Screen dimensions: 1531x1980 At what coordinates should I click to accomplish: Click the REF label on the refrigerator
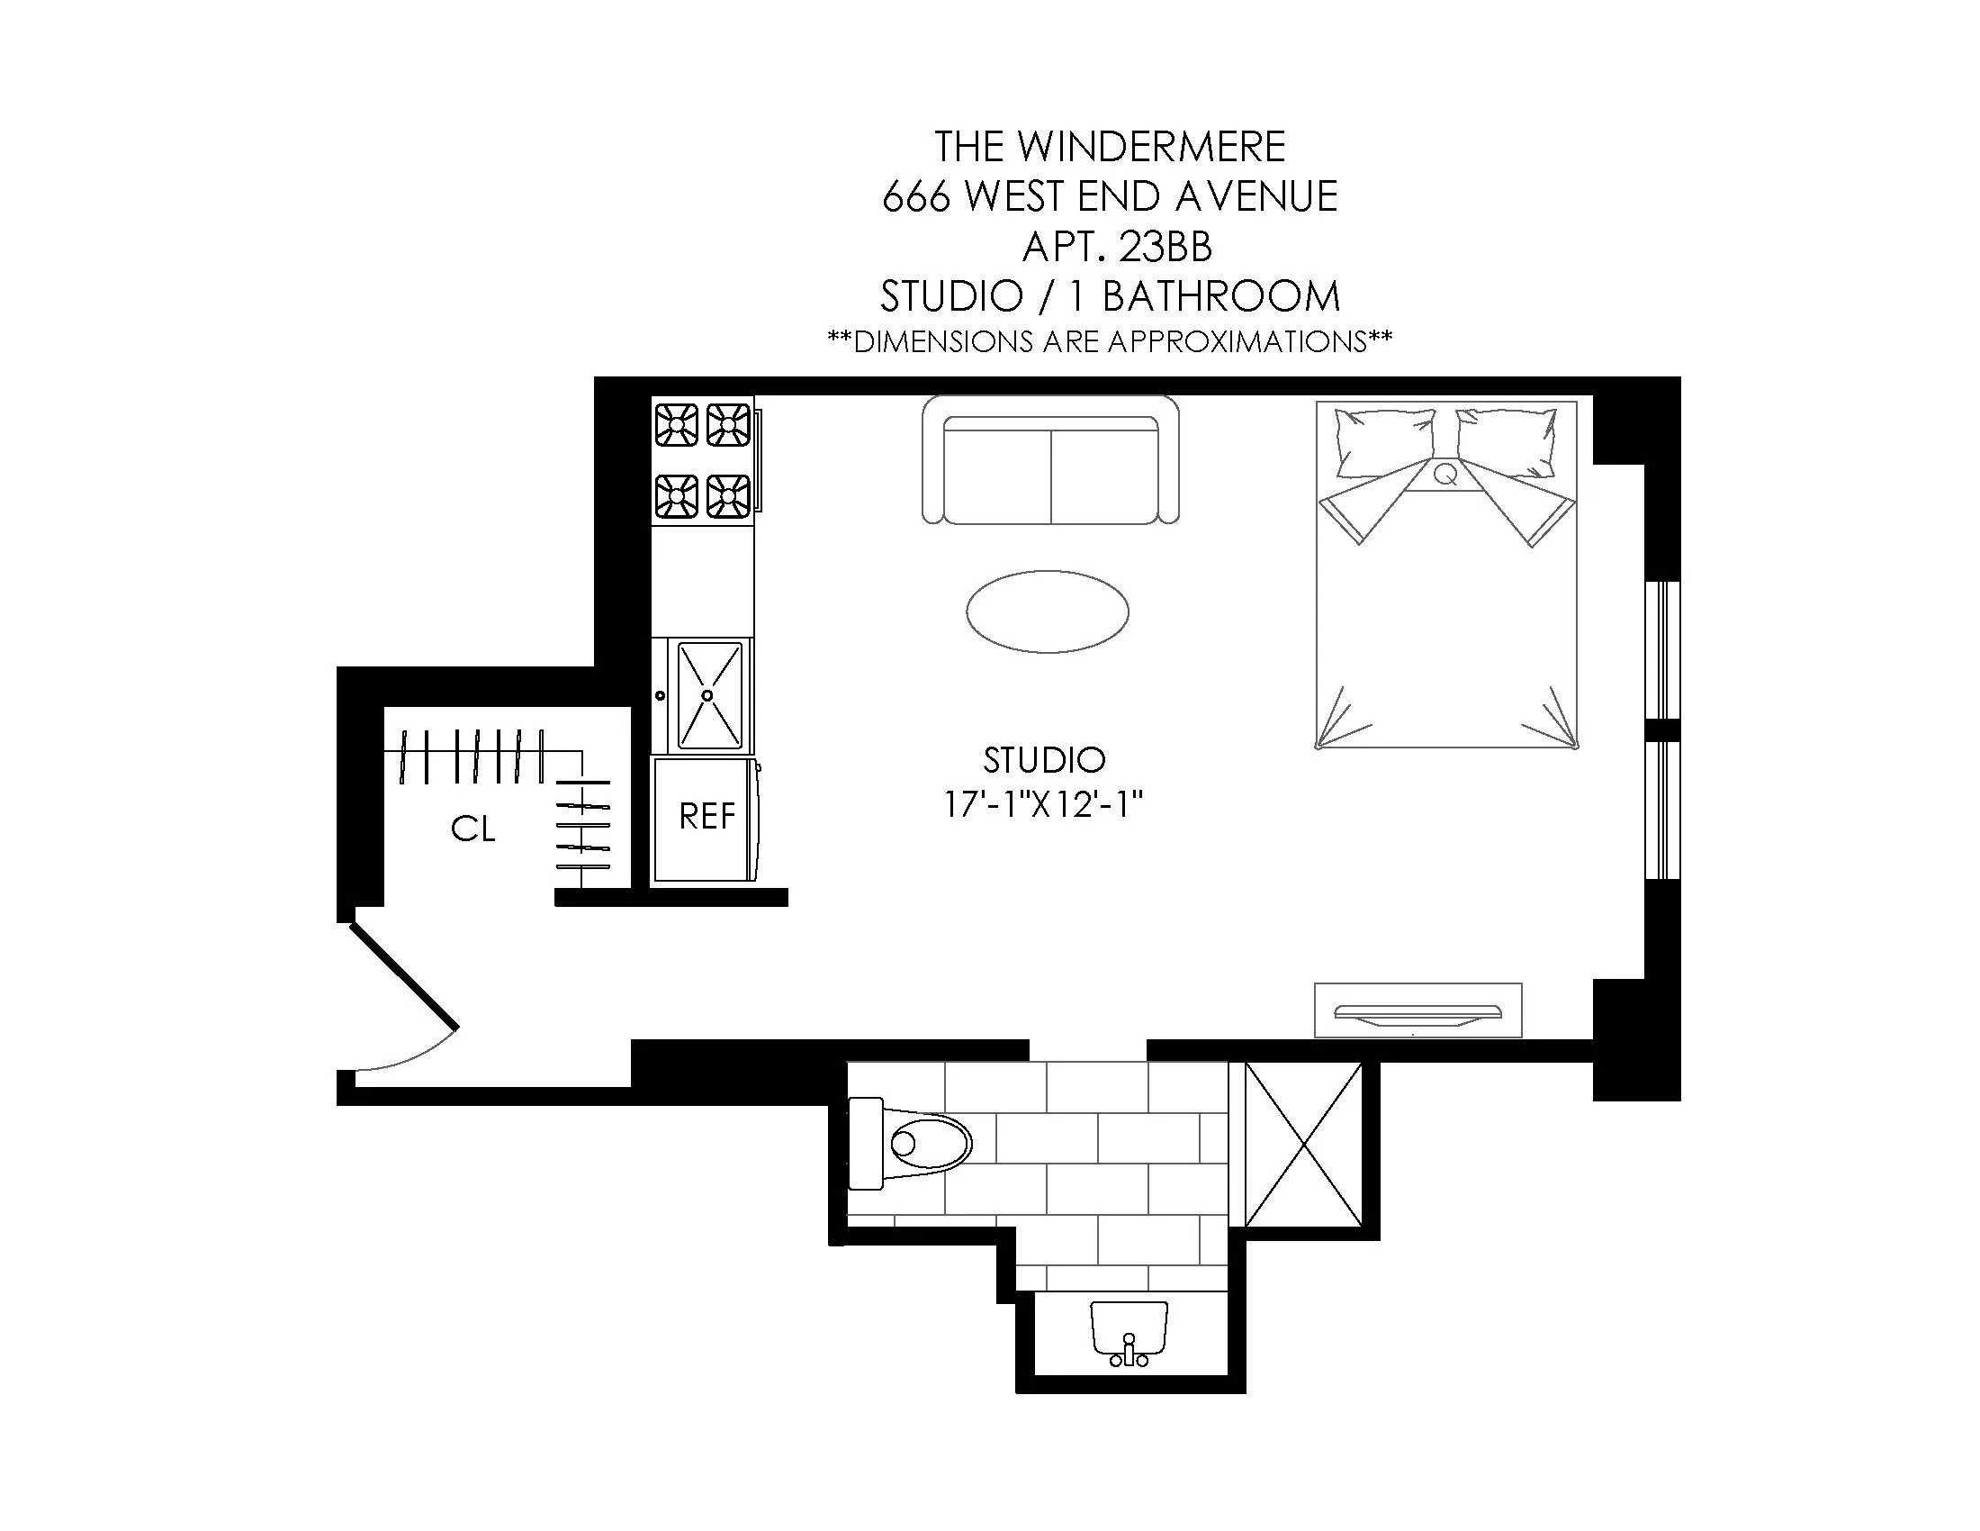(706, 817)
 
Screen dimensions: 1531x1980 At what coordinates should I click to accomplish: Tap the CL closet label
(473, 828)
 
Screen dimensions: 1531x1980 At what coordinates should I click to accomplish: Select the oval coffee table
(1047, 611)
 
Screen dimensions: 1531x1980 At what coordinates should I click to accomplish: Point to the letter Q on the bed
(1446, 475)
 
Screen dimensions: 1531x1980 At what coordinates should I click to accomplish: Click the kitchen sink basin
(710, 695)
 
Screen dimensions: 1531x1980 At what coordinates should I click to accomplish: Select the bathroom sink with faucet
(1129, 1333)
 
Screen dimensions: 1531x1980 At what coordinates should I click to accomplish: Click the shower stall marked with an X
(1304, 1144)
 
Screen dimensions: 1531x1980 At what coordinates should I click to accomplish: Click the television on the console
(1417, 1013)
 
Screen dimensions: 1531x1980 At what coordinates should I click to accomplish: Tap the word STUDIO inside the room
(1043, 760)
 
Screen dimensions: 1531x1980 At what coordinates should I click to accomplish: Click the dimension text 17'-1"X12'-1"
(1043, 805)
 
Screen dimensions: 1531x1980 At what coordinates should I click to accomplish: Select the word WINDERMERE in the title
(1150, 148)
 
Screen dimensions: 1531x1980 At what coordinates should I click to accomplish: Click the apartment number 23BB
(1165, 247)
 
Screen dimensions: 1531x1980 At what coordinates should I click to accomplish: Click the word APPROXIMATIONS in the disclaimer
(1237, 342)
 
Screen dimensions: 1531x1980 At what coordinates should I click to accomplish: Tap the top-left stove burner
(675, 424)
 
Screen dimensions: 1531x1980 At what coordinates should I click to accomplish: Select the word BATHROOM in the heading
(1220, 296)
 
